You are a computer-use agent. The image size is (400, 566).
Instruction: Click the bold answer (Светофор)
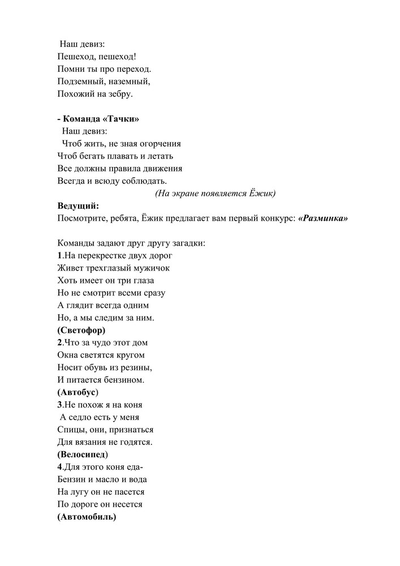click(x=81, y=330)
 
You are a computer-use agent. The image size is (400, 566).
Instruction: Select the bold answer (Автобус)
click(x=78, y=392)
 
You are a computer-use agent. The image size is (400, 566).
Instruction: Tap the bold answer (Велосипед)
click(x=83, y=454)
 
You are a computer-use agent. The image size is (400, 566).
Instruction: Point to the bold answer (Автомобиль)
click(x=87, y=516)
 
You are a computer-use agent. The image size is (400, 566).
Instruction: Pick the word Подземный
click(x=80, y=82)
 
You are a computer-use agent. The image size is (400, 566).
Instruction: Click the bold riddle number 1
click(x=59, y=255)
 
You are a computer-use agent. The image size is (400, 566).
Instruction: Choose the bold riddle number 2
click(x=59, y=342)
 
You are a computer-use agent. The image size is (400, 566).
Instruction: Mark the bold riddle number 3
click(x=59, y=405)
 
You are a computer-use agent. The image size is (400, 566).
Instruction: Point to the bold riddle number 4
click(x=59, y=467)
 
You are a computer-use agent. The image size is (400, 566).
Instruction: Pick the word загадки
click(x=187, y=243)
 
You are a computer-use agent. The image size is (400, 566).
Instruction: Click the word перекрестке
click(x=99, y=255)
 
